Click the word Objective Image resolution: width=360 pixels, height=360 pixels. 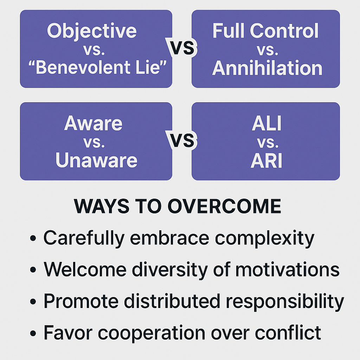coord(92,31)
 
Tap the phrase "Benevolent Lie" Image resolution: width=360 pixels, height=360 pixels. coord(98,67)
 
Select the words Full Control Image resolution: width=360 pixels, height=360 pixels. coord(265,31)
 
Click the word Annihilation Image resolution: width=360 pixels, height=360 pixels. coord(267,68)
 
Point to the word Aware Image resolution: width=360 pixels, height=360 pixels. coord(93,123)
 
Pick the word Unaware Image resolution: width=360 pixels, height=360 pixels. coord(96,160)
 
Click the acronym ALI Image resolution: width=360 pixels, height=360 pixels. coord(267,123)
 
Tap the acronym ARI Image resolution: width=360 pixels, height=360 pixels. coord(266,160)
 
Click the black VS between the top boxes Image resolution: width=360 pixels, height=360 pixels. coord(182,48)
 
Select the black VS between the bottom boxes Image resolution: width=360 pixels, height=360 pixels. coord(182,140)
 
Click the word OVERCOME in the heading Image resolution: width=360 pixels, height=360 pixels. coord(224,206)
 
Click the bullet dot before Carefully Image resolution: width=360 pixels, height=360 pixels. coord(33,238)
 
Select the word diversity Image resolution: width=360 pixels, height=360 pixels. coord(170,270)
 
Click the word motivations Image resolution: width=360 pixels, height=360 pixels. coord(288,269)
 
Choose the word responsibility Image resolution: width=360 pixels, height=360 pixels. coord(285,301)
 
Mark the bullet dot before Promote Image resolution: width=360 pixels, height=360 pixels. coord(33,301)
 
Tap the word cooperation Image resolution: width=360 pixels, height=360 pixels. coord(152,333)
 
